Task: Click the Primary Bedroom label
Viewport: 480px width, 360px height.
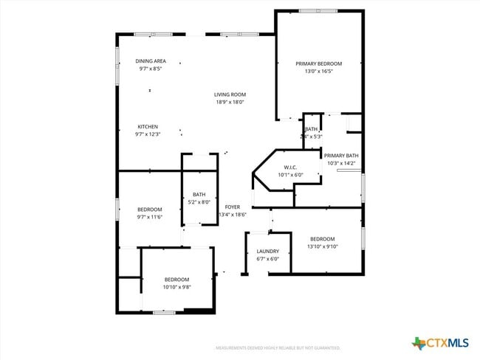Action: tap(318, 64)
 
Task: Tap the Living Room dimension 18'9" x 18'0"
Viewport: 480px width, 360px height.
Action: tap(230, 103)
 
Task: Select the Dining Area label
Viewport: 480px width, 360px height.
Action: tap(150, 60)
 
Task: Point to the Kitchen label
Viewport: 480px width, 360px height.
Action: tap(147, 126)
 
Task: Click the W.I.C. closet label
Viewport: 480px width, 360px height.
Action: tap(289, 167)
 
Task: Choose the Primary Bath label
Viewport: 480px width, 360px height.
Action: tap(341, 156)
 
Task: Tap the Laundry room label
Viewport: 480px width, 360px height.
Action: tap(267, 252)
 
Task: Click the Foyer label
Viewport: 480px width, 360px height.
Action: tap(232, 207)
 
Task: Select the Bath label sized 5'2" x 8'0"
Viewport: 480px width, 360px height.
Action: tap(199, 194)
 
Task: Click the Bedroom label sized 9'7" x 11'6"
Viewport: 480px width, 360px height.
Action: tap(149, 210)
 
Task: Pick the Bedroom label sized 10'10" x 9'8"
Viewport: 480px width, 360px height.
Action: tap(176, 279)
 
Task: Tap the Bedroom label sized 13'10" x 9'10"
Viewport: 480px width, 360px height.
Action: tap(322, 239)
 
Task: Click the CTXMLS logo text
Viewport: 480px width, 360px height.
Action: tap(448, 343)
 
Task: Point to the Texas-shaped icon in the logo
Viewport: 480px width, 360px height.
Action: tap(419, 343)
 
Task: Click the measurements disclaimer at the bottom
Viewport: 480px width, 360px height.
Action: tap(277, 347)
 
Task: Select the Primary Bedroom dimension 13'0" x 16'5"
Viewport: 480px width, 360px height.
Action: tap(318, 72)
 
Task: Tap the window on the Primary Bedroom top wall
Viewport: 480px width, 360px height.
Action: tap(318, 11)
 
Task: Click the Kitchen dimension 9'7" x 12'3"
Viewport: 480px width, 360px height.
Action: tap(147, 134)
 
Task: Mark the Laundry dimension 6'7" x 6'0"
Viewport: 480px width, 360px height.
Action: tap(267, 259)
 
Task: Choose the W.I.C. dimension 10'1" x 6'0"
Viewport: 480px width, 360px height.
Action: tap(289, 175)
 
